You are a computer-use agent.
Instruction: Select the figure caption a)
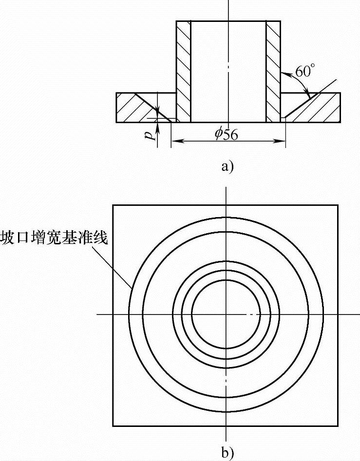227,166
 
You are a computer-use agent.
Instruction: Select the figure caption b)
227,453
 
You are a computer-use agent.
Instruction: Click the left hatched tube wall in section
183,71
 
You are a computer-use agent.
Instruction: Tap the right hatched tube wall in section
273,71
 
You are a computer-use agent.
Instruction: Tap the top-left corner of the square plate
113,205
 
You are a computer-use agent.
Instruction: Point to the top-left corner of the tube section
176,21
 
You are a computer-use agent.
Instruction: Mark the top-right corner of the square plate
338,205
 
